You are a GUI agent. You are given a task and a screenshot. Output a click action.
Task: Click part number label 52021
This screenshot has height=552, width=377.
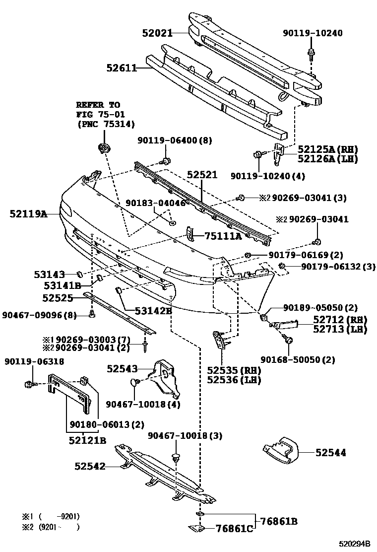[156, 33]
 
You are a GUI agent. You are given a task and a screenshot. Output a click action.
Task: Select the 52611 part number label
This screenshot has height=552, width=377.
[121, 68]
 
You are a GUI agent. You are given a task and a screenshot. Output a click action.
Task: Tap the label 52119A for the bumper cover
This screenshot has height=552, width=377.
[28, 214]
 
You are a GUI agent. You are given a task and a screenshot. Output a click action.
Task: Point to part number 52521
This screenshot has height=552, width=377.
[202, 176]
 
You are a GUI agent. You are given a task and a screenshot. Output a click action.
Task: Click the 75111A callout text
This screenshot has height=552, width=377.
[223, 236]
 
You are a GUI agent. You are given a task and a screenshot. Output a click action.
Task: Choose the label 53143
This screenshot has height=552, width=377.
[50, 274]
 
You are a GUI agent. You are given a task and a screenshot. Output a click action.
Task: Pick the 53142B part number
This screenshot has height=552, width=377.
[153, 311]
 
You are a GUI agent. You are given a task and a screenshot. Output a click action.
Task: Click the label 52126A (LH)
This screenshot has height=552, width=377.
[327, 159]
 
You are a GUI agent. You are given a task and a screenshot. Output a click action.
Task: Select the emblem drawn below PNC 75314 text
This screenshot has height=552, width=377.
[104, 148]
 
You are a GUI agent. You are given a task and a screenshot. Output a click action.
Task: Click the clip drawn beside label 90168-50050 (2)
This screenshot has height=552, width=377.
[287, 341]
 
